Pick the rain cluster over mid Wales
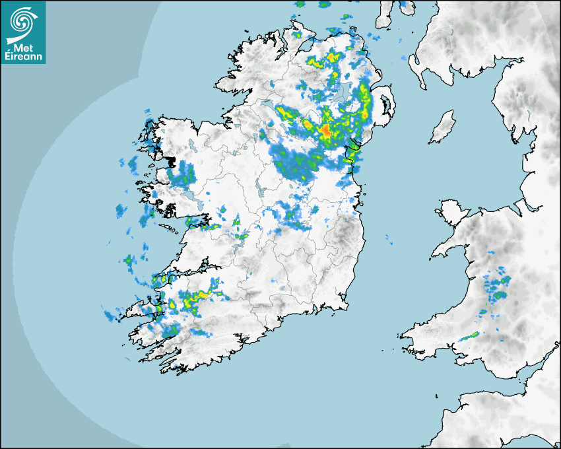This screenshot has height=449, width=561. pos(496,288)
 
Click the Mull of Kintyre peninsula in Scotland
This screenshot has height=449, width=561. pos(384,17)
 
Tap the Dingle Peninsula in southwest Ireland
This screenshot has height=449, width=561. pos(142,308)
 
